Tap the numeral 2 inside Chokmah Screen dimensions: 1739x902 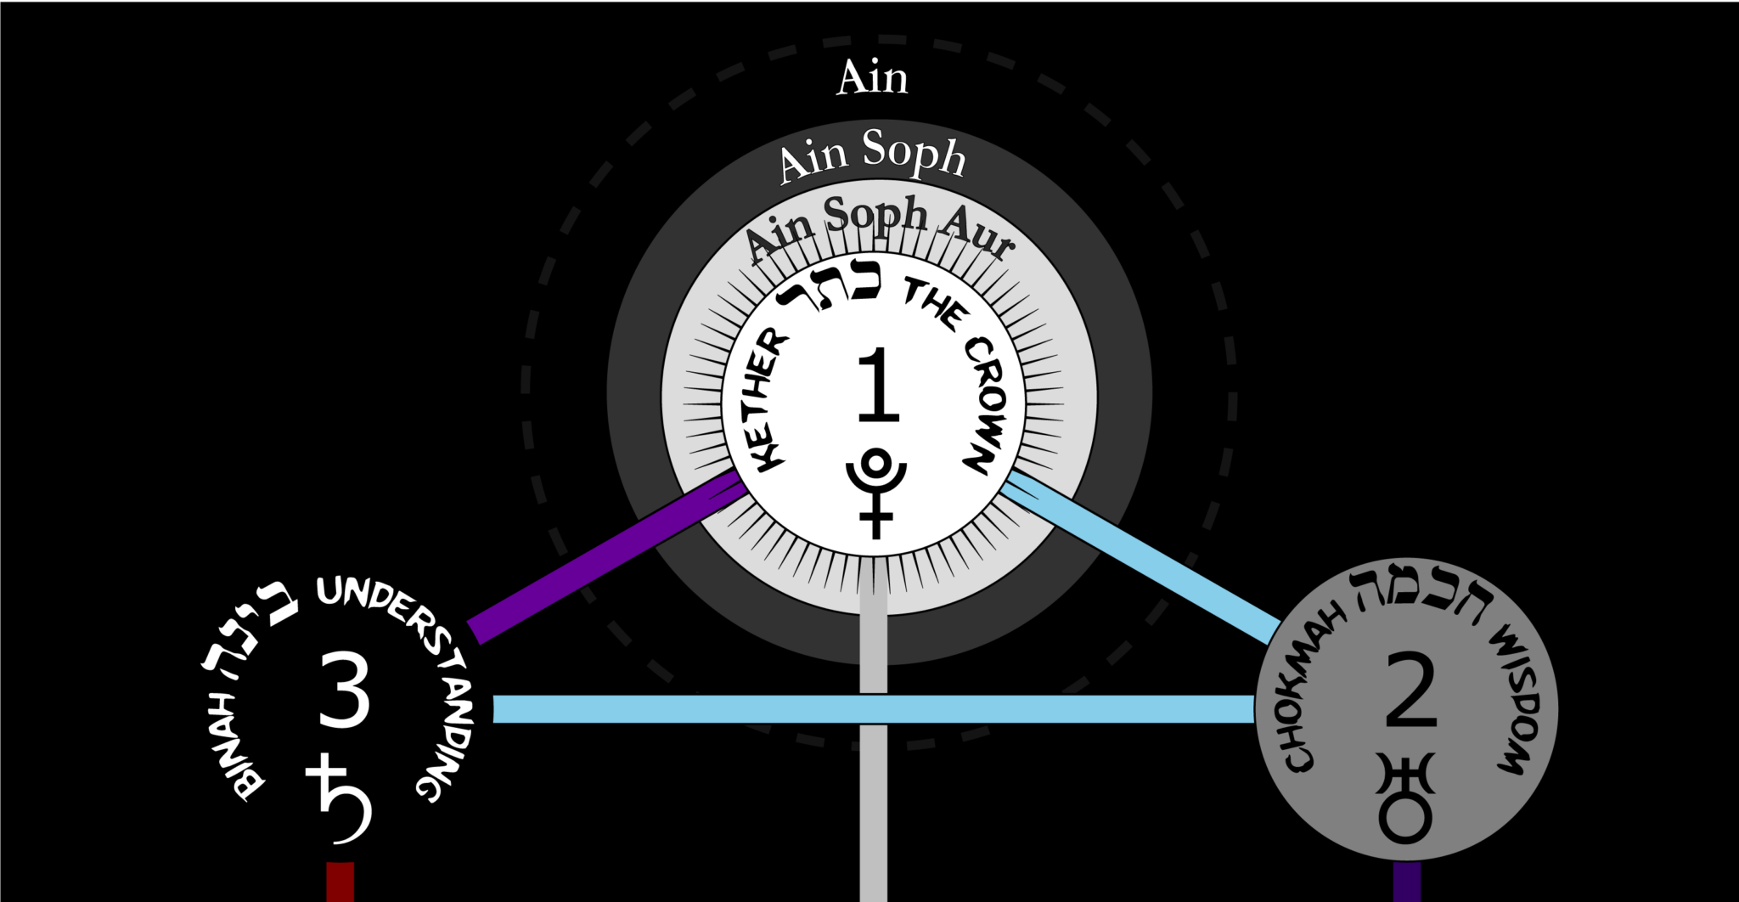pyautogui.click(x=1410, y=690)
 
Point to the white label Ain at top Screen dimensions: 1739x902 pyautogui.click(x=872, y=77)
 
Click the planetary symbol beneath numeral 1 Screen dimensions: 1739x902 pyautogui.click(x=876, y=493)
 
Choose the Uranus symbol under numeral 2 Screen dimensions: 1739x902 pyautogui.click(x=1405, y=798)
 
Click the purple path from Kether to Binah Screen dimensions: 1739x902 pyautogui.click(x=606, y=555)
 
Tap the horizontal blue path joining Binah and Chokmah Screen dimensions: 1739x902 pyautogui.click(x=874, y=709)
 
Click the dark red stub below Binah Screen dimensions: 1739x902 pyautogui.click(x=340, y=882)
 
